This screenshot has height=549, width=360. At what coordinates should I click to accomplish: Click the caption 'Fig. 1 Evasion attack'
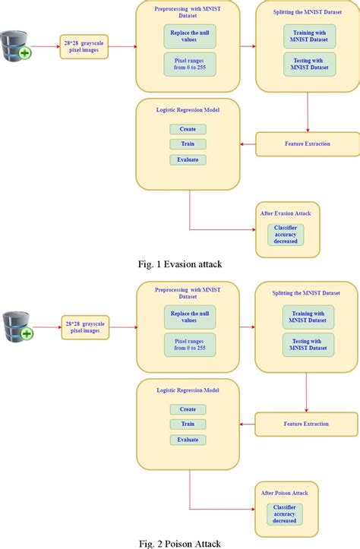click(x=179, y=264)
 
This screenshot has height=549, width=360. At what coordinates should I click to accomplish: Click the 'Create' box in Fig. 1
click(x=188, y=129)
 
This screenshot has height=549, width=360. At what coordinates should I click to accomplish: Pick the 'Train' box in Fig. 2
click(x=188, y=424)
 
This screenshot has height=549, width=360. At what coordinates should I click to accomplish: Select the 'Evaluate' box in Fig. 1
click(x=188, y=159)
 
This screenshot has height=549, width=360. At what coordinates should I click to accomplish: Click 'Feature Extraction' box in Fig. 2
click(x=306, y=424)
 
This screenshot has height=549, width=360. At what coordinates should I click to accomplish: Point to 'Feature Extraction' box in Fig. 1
click(x=306, y=143)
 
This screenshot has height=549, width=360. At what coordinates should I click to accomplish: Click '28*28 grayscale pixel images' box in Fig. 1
click(x=84, y=47)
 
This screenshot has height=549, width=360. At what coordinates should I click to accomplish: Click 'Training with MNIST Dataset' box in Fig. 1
click(x=308, y=35)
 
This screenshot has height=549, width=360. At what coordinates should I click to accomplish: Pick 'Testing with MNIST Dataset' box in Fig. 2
click(x=308, y=346)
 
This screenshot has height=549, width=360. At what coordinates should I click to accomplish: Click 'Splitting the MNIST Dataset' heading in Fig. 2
click(x=307, y=293)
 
